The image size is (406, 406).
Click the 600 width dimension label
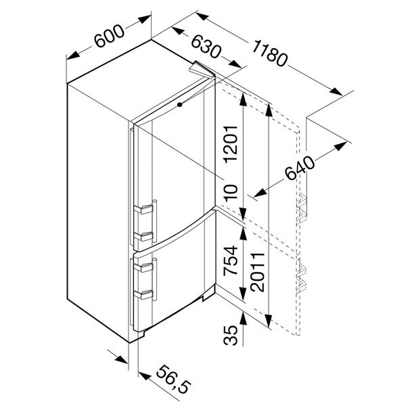pos(109,36)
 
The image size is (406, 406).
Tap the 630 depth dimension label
pos(206,47)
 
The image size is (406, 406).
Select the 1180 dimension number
pos(269,53)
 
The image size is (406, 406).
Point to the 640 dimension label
pos(300,167)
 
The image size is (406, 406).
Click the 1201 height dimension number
pos(231,145)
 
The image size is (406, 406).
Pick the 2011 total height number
pos(258,273)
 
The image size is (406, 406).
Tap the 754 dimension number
pos(231,261)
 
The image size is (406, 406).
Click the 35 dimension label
pos(231,335)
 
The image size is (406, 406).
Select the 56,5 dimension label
pos(174,379)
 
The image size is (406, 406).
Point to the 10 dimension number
pos(231,193)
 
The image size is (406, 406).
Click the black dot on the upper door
pos(180,105)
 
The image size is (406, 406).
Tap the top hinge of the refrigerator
pos(202,70)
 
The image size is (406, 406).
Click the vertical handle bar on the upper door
pos(154,221)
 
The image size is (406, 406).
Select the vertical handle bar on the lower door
pos(154,279)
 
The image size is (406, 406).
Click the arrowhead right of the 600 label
pos(144,20)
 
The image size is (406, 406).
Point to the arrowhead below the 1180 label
pos(336,91)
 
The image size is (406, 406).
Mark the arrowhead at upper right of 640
pos(340,146)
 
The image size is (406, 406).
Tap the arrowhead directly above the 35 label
pos(243,318)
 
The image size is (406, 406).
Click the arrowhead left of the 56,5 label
pos(145,376)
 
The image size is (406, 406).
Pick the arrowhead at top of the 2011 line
pos(269,110)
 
